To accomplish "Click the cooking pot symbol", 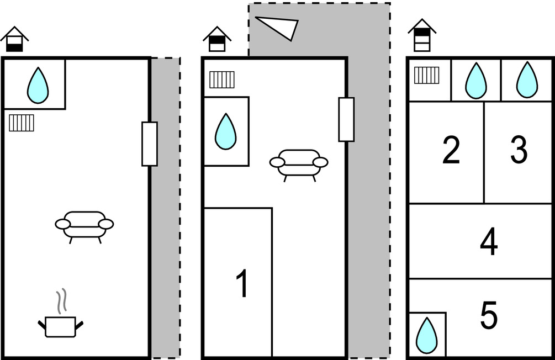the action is [x=61, y=326].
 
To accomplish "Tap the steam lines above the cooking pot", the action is [x=62, y=301].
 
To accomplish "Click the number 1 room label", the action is [x=242, y=283].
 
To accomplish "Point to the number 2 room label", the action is [x=451, y=150].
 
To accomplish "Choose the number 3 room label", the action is [x=519, y=150].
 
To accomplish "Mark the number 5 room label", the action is [x=489, y=315].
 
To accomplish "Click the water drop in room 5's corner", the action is [x=426, y=335].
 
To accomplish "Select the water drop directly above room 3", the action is [x=527, y=80].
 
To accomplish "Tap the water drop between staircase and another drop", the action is [x=475, y=81].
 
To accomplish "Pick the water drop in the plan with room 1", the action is [x=225, y=131].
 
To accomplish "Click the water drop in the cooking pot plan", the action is [x=38, y=86].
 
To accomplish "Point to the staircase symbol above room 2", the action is [x=426, y=75].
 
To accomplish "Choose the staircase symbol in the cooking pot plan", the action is [x=21, y=123].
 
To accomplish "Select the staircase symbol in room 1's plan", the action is [x=222, y=80].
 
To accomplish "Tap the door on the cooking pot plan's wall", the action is [x=150, y=144].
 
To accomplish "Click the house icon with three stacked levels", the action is [x=422, y=35].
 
